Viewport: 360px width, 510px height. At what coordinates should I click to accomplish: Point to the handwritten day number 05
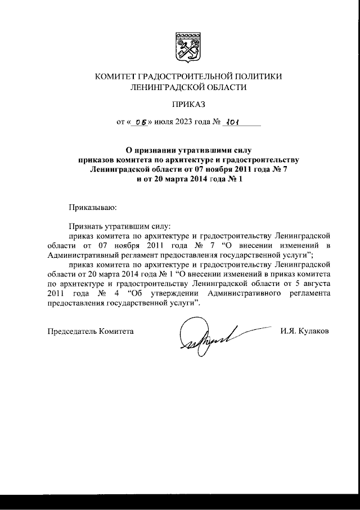pos(134,121)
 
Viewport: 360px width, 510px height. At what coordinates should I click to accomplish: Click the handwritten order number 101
pos(231,121)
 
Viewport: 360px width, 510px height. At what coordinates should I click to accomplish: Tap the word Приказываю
pos(92,208)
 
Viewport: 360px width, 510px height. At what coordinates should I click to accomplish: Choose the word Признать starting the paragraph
pos(86,224)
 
